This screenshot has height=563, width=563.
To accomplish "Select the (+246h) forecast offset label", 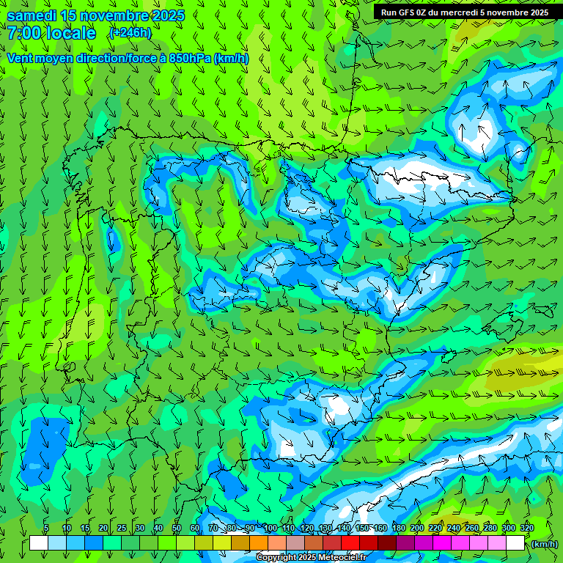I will [x=130, y=32].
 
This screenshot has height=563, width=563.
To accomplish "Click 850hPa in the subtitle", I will [x=190, y=59].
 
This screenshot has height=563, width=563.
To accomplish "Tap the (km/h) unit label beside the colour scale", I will [x=544, y=543].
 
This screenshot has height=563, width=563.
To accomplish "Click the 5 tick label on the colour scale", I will [x=46, y=528].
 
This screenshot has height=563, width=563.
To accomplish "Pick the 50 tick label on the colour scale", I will [x=177, y=528].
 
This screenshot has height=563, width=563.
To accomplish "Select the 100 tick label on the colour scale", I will [x=270, y=528].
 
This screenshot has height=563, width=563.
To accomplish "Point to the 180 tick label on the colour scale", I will [x=398, y=528].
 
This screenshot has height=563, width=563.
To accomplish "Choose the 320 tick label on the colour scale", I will [x=526, y=528].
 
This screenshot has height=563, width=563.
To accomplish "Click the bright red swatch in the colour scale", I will [x=350, y=543].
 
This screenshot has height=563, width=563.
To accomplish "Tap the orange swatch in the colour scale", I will [x=259, y=543].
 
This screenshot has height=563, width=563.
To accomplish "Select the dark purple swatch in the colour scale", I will [x=405, y=543].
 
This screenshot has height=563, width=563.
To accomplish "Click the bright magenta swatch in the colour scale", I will [x=442, y=543].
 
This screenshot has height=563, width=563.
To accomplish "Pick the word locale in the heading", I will [x=70, y=33].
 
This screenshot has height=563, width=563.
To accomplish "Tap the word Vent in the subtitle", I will [x=21, y=59].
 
